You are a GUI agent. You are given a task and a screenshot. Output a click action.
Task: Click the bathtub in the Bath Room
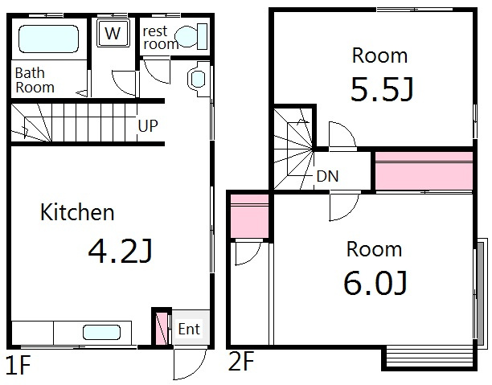(x=48, y=39)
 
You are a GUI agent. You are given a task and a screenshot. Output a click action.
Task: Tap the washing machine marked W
(x=113, y=33)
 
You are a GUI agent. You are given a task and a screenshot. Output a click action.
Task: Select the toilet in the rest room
(x=191, y=36)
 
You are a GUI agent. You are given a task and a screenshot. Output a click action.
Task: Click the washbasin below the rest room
(x=199, y=79)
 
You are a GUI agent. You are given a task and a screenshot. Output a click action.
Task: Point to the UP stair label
(x=148, y=126)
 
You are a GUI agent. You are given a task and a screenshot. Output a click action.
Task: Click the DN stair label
(x=327, y=176)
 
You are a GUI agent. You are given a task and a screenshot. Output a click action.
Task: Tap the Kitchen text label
(x=77, y=212)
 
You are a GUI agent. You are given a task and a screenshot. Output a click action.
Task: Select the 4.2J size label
(x=120, y=251)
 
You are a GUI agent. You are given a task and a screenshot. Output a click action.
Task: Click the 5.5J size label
(x=382, y=89)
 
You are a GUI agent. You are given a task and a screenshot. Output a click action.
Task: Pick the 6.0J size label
(x=375, y=283)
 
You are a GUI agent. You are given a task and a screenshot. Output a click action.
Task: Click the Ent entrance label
(x=189, y=330)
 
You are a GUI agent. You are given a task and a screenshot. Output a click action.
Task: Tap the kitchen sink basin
(x=101, y=333)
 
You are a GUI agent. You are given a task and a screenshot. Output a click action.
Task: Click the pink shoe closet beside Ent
(x=162, y=328)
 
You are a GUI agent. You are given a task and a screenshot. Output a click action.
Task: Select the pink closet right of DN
(x=424, y=170)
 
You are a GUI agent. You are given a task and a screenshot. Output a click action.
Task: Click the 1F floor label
(x=18, y=365)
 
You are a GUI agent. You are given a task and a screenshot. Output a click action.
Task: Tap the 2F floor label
(x=241, y=361)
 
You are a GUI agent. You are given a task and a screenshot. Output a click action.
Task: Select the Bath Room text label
(x=35, y=80)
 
